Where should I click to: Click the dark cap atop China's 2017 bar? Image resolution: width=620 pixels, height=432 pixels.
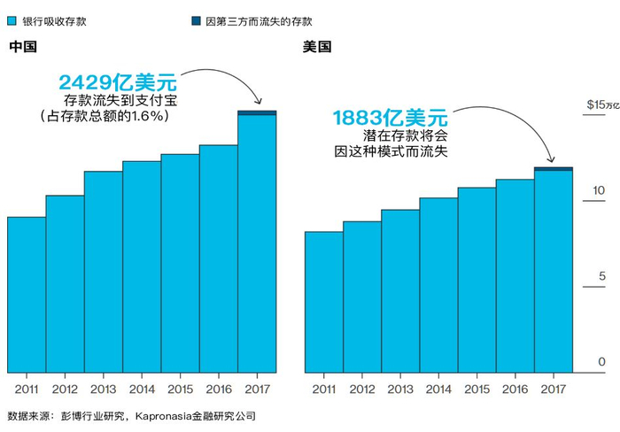pos(257,112)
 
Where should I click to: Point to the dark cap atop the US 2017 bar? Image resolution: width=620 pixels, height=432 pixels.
pos(553,168)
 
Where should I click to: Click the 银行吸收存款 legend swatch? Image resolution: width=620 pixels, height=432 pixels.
pos(12,20)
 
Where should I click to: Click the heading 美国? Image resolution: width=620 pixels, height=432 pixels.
pos(317,47)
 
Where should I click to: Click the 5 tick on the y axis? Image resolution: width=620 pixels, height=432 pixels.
pos(601,276)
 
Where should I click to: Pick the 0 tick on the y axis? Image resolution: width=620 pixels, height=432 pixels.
pos(601,362)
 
